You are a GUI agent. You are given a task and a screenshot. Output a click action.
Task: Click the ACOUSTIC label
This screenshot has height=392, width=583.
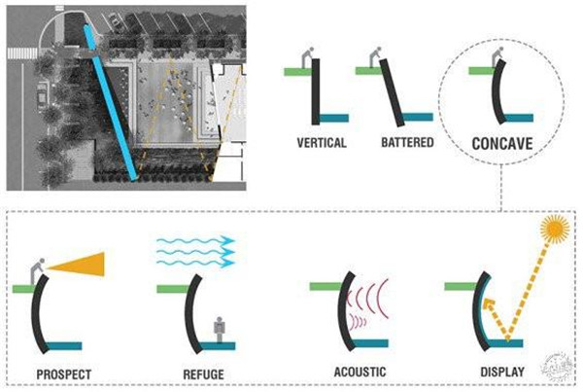358,372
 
